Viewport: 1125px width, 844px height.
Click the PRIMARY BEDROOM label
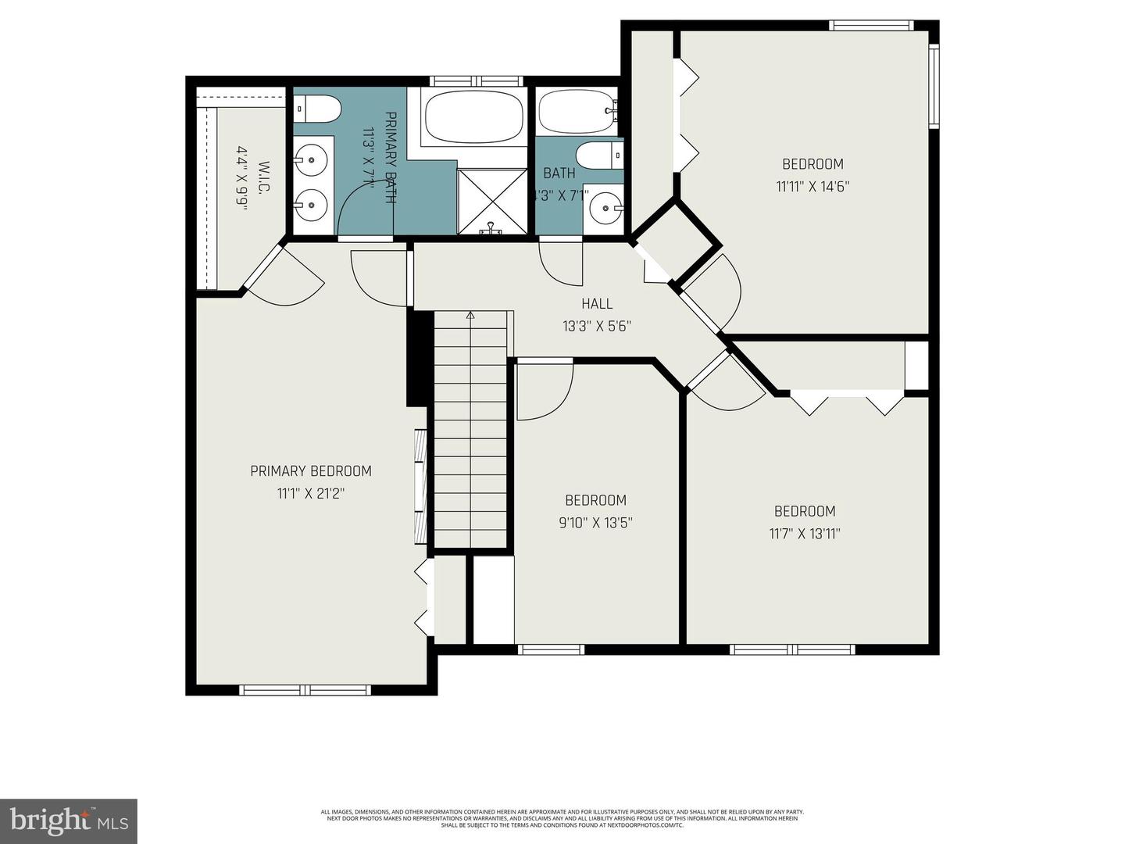coord(310,470)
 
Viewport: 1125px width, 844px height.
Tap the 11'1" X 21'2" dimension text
coord(310,493)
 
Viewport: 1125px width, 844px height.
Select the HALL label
coord(597,303)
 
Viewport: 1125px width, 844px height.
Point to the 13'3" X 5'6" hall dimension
coord(597,326)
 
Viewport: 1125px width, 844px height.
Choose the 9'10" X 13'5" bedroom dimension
coord(595,523)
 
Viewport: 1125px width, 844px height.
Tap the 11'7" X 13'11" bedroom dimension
coord(804,534)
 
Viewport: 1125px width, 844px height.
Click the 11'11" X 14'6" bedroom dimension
coord(812,187)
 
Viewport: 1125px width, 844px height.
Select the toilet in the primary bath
coord(319,109)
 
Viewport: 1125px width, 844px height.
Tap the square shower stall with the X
coord(493,200)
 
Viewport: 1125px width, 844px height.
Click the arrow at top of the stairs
coord(470,316)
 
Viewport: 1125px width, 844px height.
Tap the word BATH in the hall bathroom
coord(559,173)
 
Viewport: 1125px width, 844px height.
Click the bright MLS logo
coord(69,821)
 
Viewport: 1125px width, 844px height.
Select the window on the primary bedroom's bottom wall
coord(305,689)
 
